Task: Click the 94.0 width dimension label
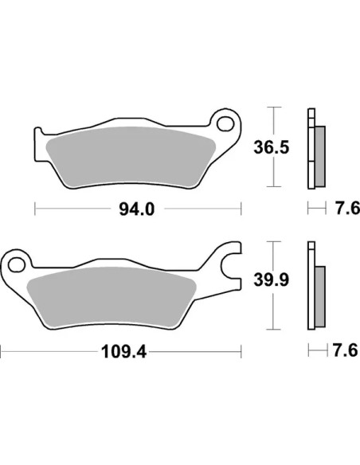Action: point(137,209)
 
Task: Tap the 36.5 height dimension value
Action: point(271,147)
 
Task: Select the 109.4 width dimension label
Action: point(123,352)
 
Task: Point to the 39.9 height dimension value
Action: point(271,279)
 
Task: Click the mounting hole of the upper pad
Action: point(225,124)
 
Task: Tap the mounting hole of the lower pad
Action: point(17,265)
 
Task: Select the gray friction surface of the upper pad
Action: point(131,157)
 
